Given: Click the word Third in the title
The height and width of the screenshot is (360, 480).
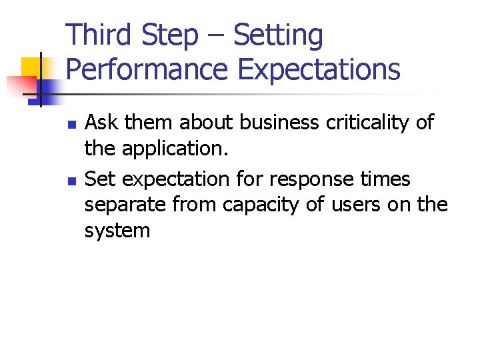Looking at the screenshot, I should [x=99, y=35].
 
